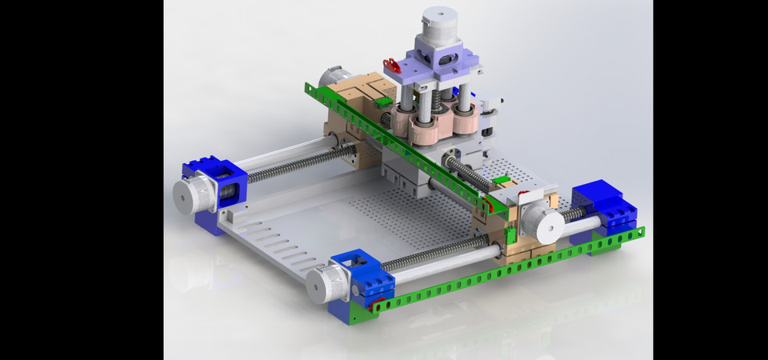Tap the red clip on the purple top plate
pyautogui.click(x=392, y=65)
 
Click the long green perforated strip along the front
pyautogui.click(x=512, y=264)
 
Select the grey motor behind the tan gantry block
pyautogui.click(x=329, y=77)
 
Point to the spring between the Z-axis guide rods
pyautogui.click(x=435, y=102)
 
